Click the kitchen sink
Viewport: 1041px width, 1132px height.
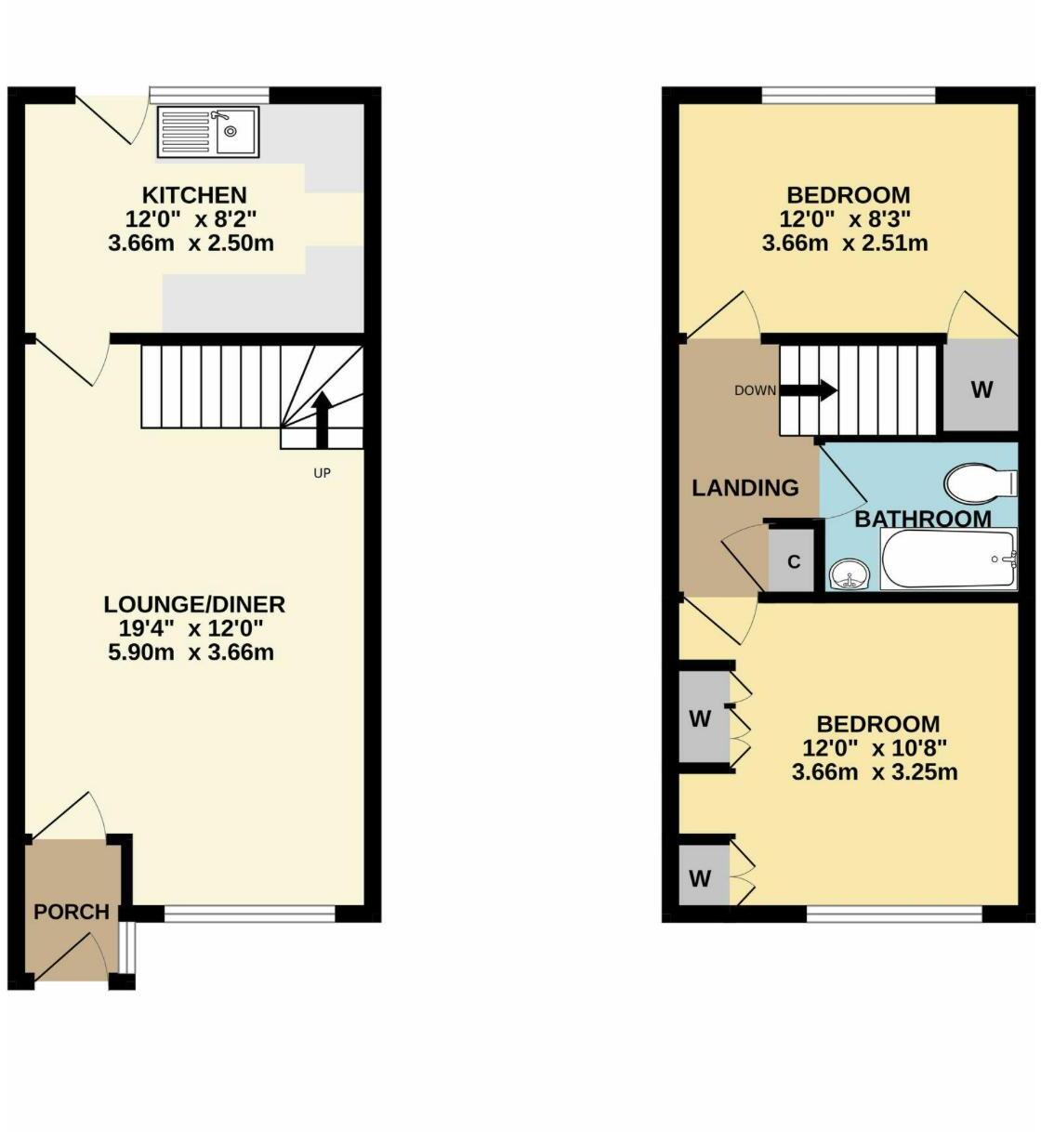(209, 130)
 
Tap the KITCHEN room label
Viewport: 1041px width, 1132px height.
(194, 195)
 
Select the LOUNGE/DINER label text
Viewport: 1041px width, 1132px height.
(194, 604)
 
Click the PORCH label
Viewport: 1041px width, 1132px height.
(72, 912)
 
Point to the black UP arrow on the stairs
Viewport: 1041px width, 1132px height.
(322, 418)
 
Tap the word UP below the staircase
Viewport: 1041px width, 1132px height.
(322, 473)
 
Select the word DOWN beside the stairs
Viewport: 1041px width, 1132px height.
(755, 390)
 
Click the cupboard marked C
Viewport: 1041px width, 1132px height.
(794, 561)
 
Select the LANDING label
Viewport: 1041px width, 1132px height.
(745, 487)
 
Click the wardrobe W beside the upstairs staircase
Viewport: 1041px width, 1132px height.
(982, 389)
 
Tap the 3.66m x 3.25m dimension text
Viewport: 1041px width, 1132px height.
(875, 772)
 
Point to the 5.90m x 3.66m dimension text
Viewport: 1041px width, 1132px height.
(191, 652)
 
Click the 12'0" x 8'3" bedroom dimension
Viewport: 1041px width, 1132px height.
(845, 220)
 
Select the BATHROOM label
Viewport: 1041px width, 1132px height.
(923, 519)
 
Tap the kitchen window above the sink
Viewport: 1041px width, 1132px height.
(209, 93)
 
